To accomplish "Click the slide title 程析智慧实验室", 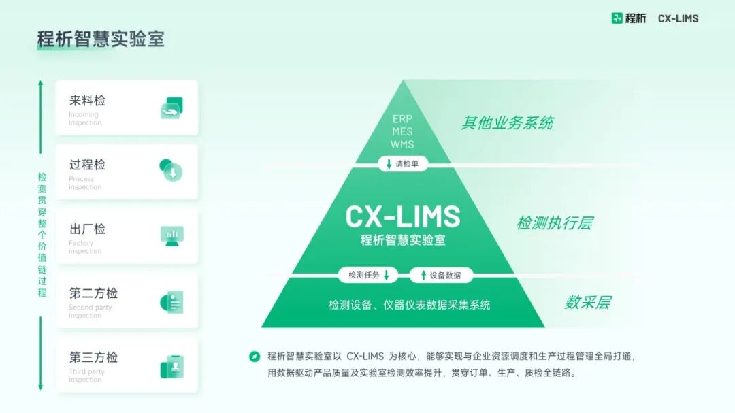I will (101, 39).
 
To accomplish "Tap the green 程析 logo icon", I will (617, 18).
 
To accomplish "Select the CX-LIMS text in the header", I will (678, 18).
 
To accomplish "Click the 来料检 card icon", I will (171, 108).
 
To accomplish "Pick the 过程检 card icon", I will (171, 170).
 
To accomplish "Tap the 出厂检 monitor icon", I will (171, 235).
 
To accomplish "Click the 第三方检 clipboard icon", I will (171, 367).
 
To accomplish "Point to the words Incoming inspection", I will (85, 119).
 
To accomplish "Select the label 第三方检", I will (93, 357).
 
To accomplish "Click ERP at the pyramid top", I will (402, 118).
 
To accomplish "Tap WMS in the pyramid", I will (402, 144).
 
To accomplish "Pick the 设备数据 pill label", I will (441, 276).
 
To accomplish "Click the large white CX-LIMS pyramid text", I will (403, 217).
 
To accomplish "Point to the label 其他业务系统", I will (507, 123).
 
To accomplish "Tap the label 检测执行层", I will (555, 223).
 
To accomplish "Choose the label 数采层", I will (587, 303).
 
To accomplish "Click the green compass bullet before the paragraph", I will (255, 356).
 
